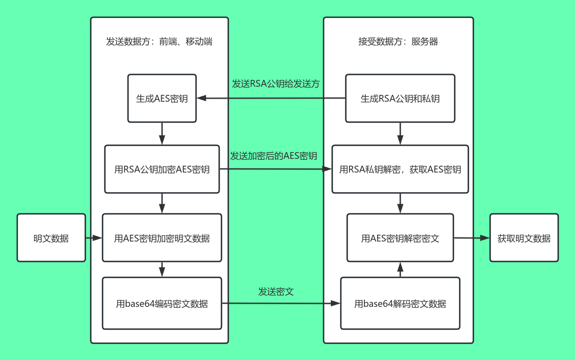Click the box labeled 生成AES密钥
(162, 99)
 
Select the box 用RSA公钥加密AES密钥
(162, 170)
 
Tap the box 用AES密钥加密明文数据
(162, 238)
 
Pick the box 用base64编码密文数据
(162, 304)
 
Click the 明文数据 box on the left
(51, 238)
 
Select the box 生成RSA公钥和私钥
(400, 99)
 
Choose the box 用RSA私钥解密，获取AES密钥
(400, 170)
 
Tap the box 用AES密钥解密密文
(400, 238)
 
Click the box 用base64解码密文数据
(400, 304)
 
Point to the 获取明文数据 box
(524, 238)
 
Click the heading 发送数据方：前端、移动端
(159, 42)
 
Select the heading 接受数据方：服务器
(398, 42)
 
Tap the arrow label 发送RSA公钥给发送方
(276, 84)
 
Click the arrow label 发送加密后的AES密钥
(274, 156)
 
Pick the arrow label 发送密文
(276, 291)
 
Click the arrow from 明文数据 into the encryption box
(94, 238)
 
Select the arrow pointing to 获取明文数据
(472, 238)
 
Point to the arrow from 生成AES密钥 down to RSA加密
(162, 134)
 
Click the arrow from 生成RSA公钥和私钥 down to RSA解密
(400, 134)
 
